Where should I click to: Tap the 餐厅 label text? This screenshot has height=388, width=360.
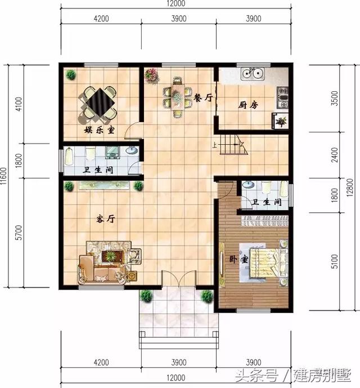203,98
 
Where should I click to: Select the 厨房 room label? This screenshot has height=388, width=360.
247,105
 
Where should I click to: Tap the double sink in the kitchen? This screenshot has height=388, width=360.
251,73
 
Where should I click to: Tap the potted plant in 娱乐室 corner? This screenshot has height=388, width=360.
71,74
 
